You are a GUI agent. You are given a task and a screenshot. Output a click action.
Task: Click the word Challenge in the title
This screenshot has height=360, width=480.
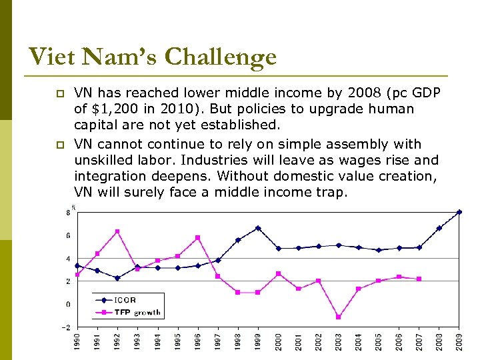220,57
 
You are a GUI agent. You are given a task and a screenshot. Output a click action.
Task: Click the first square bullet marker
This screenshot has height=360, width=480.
58,93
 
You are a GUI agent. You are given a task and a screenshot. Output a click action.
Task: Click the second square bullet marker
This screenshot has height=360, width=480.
58,145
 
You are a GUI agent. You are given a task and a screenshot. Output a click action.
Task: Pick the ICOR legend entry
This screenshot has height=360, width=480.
125,300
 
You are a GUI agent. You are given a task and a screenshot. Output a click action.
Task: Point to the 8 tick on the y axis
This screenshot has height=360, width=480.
67,213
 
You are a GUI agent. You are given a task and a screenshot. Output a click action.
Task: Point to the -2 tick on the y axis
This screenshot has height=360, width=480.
65,327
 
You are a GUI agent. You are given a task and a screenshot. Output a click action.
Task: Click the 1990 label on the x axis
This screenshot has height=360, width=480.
77,343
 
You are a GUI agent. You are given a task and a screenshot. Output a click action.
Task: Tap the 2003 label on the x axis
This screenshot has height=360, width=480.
339,343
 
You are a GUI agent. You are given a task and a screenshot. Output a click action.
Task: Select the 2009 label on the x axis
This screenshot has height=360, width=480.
459,343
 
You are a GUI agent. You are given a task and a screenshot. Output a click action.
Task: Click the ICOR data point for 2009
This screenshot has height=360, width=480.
459,212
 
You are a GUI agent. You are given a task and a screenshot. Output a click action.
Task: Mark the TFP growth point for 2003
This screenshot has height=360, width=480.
339,317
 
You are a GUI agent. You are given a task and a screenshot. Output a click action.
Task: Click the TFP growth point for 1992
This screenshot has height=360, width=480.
117,231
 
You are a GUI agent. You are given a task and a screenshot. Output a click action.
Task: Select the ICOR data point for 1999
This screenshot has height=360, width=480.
258,228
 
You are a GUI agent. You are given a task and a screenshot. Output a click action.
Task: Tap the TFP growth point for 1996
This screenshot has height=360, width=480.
198,238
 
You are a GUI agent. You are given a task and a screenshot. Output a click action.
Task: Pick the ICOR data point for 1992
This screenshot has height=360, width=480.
117,278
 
